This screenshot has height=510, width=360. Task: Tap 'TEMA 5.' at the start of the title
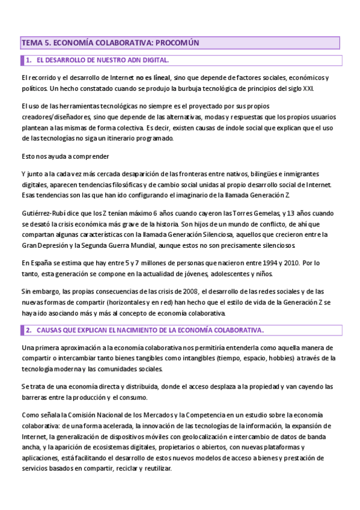point(35,43)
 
